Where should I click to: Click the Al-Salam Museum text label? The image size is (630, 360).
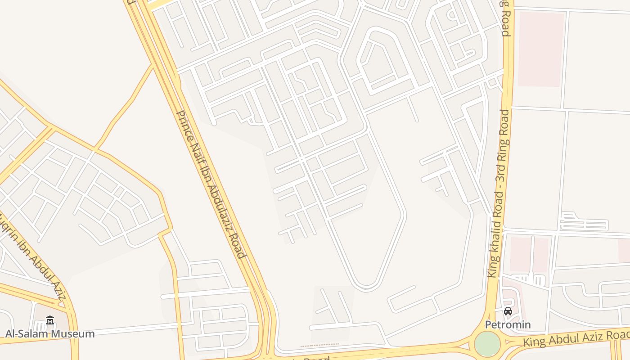pos(50,334)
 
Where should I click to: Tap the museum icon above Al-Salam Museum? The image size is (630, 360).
pos(50,320)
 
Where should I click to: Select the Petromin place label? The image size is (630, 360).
pos(508,324)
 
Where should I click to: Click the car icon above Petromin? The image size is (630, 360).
pos(508,311)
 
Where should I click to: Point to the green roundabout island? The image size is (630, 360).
pos(487,344)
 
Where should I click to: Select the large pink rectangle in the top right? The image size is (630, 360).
pos(541,49)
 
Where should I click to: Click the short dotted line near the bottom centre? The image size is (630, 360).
pos(319,345)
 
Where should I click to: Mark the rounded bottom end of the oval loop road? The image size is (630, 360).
pos(365,287)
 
